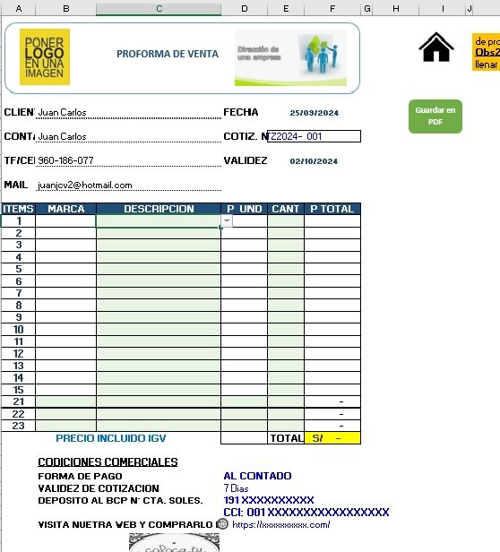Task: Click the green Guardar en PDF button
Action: point(435,116)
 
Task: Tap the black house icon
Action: point(436,47)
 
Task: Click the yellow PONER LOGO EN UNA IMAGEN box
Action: point(46,57)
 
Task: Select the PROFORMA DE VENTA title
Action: point(167,54)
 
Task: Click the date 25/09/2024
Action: point(314,113)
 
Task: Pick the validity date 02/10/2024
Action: point(314,161)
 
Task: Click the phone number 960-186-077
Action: point(65,160)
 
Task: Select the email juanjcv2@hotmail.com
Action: point(85,185)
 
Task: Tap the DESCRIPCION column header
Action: point(158,209)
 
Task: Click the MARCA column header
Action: point(65,209)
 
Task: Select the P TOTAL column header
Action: point(332,209)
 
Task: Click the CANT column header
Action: point(285,209)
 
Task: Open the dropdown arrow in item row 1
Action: point(226,220)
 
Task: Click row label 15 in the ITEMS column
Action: point(18,390)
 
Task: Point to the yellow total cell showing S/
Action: point(332,438)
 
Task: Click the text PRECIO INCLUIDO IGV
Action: point(110,439)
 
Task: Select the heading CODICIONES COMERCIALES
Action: point(108,461)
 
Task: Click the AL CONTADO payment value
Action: point(257,476)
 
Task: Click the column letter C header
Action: point(158,8)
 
